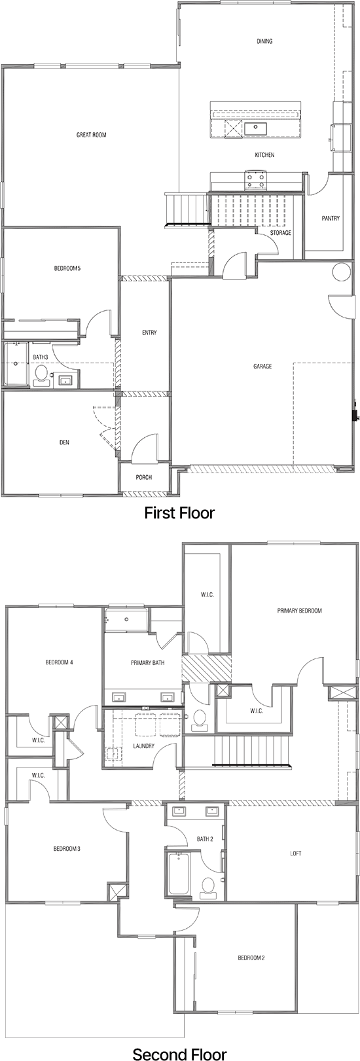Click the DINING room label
[264, 41]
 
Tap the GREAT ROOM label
[91, 135]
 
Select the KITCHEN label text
[264, 155]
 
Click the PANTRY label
[331, 218]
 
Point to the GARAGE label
[262, 367]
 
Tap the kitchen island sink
[256, 128]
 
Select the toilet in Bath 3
[41, 375]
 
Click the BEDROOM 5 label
[67, 268]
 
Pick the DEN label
[64, 442]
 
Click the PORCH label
[144, 477]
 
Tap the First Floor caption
[179, 513]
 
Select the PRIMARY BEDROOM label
[299, 611]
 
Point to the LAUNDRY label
[143, 746]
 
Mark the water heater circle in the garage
[342, 272]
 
